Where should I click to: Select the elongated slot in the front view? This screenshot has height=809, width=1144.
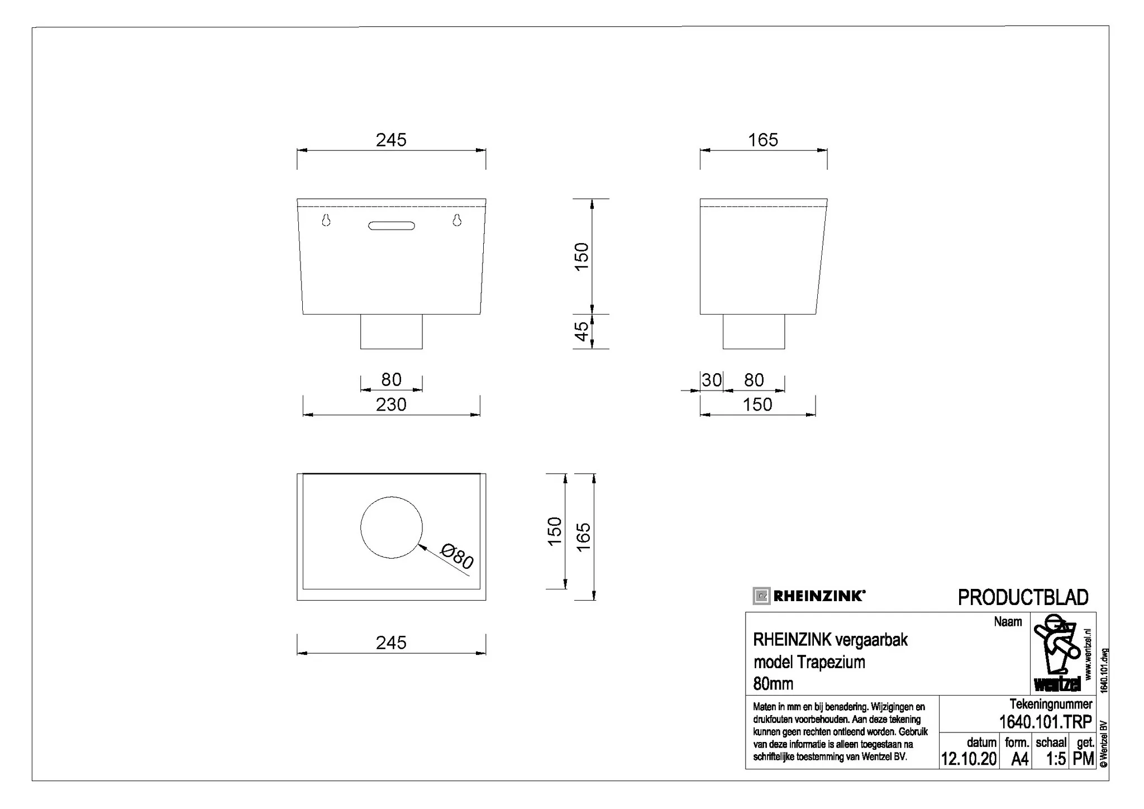click(392, 226)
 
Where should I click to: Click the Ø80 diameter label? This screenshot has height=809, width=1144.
click(457, 556)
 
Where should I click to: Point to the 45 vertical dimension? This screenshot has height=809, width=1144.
click(581, 331)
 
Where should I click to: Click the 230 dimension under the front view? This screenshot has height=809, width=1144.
click(391, 404)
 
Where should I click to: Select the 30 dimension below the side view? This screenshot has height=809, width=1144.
click(712, 380)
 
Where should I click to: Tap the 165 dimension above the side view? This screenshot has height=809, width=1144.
click(763, 140)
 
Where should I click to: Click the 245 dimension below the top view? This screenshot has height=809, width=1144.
click(391, 643)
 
